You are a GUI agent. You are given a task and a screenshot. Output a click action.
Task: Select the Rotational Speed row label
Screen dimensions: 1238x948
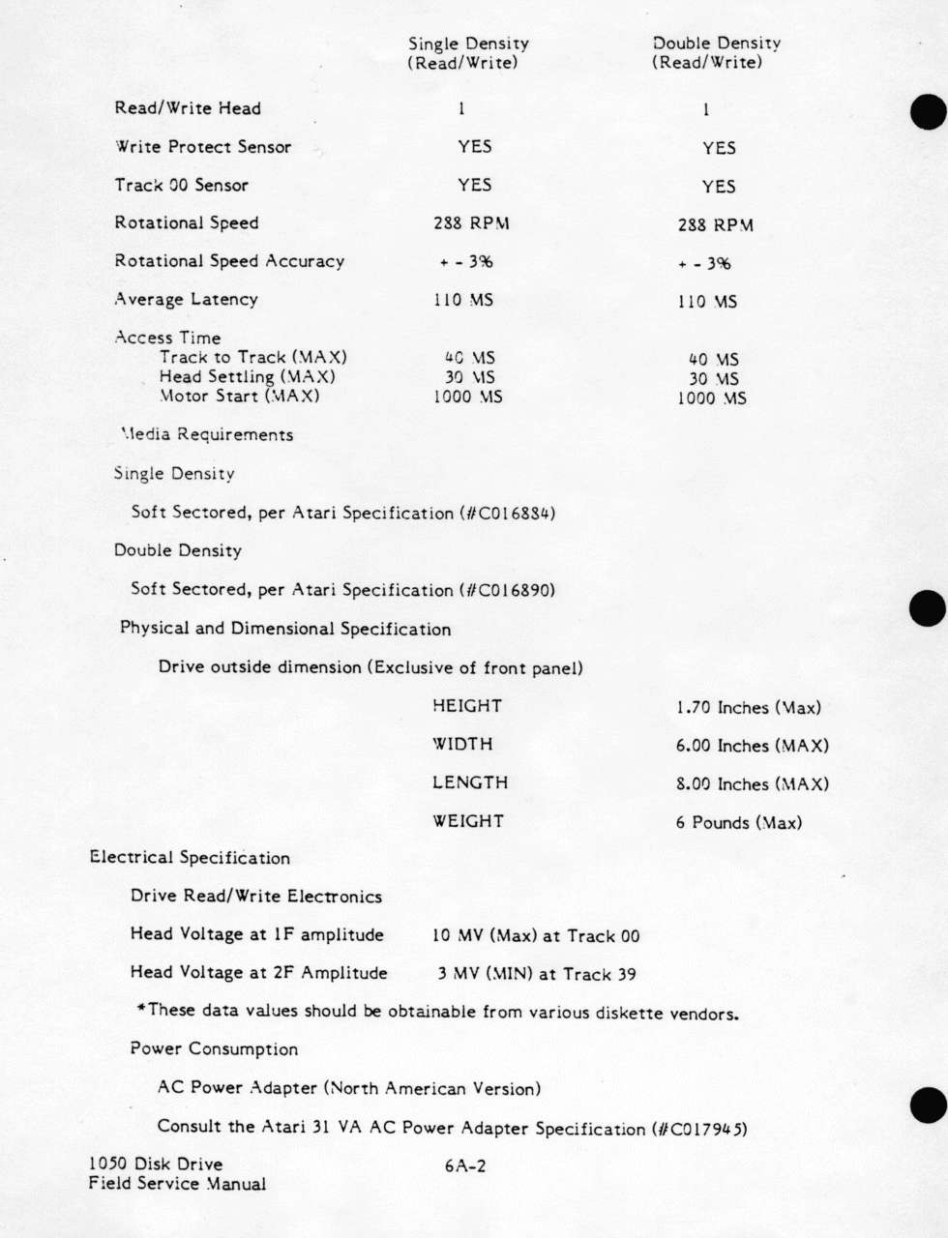point(187,223)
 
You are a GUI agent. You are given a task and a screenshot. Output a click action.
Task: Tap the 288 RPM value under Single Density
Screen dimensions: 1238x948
point(471,223)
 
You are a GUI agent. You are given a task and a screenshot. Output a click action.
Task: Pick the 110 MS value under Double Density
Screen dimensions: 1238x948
point(707,302)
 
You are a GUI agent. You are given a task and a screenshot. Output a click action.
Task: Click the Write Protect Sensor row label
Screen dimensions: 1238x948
point(203,147)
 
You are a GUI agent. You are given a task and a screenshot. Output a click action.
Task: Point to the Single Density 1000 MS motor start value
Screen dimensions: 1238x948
point(467,397)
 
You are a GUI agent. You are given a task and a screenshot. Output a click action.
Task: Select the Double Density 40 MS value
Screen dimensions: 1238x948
point(713,359)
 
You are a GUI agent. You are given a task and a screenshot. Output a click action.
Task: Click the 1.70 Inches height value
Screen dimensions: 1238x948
point(748,708)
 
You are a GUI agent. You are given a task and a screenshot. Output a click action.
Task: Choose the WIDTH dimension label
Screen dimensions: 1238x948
point(462,745)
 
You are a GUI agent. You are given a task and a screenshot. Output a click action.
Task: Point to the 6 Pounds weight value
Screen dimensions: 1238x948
point(739,823)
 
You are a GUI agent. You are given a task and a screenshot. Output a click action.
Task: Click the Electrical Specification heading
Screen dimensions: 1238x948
point(190,858)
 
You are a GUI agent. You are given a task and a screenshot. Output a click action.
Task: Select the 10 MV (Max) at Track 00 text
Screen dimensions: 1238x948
point(536,936)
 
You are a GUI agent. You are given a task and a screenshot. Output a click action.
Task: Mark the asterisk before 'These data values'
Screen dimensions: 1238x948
point(141,1009)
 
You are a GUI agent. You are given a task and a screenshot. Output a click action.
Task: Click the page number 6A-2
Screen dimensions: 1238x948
point(465,1166)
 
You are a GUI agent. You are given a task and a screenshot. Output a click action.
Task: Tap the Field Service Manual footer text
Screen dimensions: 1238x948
point(177,1184)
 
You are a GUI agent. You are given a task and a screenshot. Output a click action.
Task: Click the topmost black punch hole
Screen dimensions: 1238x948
point(928,111)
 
